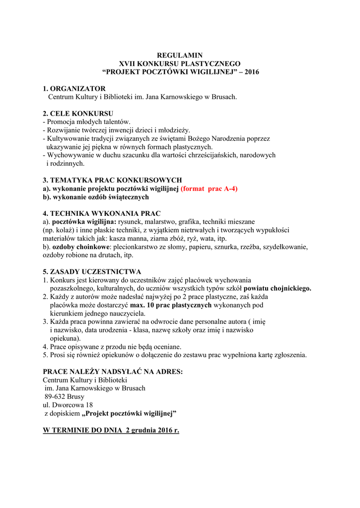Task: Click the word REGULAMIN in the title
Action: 180,55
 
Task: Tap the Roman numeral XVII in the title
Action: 129,63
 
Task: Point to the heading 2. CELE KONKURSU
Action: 78,113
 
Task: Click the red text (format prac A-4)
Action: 209,189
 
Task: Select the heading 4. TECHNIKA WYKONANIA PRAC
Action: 102,213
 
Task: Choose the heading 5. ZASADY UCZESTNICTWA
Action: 92,271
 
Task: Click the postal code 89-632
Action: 55,396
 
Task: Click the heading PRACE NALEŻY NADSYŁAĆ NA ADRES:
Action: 113,372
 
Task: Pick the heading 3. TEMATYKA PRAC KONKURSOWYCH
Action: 112,180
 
